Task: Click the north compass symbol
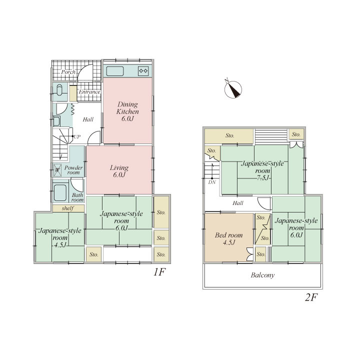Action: [233, 89]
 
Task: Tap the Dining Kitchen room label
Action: [127, 111]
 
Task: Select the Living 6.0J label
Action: [119, 171]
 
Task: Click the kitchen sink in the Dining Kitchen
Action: [115, 71]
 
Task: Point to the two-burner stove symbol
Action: [143, 71]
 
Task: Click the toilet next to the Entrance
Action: [59, 90]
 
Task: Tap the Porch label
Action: [68, 72]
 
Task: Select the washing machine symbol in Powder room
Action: [57, 170]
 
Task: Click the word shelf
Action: [67, 208]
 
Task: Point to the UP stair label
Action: [77, 136]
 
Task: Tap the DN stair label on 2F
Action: [212, 182]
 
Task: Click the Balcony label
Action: [262, 275]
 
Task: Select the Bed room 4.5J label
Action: [229, 239]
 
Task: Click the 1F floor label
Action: [159, 272]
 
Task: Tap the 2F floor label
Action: [311, 297]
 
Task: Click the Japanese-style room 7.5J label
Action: [262, 171]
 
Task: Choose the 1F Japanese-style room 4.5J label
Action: [60, 237]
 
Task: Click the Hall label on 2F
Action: [238, 203]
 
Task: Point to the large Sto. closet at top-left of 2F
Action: [229, 136]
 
